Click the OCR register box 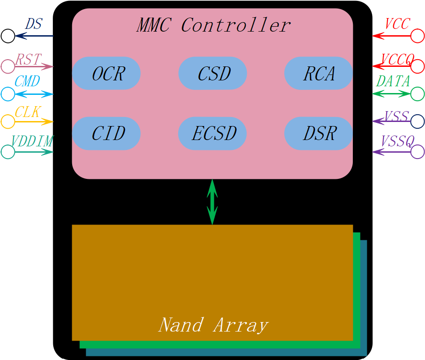(106, 73)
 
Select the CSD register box (213, 73)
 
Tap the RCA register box (319, 73)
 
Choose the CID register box (106, 133)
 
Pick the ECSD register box (213, 133)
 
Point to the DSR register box (319, 133)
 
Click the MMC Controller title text (213, 25)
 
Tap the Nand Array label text (213, 325)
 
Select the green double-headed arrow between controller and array (212, 201)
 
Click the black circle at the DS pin (8, 36)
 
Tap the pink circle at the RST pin (8, 66)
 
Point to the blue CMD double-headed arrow (34, 94)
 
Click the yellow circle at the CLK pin (8, 122)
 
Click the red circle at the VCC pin (418, 36)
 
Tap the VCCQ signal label (397, 59)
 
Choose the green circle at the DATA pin (418, 94)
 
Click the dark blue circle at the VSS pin (418, 121)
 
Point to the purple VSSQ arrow (392, 152)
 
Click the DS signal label (33, 24)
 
